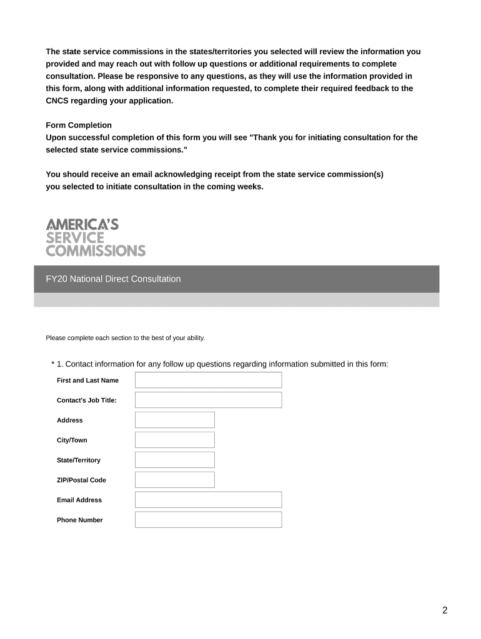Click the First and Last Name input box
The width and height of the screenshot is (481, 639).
pyautogui.click(x=208, y=380)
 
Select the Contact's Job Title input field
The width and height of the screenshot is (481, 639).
pyautogui.click(x=208, y=400)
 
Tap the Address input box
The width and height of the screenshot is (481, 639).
pyautogui.click(x=174, y=420)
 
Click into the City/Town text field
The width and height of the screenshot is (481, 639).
pyautogui.click(x=174, y=440)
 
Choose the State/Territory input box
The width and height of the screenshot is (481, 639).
pyautogui.click(x=174, y=460)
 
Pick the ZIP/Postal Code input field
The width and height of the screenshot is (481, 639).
pyautogui.click(x=174, y=480)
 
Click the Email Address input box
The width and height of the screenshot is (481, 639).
pyautogui.click(x=208, y=500)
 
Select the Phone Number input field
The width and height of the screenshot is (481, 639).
pyautogui.click(x=208, y=520)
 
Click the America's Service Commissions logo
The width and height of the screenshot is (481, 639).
pyautogui.click(x=96, y=237)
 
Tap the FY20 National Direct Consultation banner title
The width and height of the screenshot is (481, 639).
pyautogui.click(x=113, y=279)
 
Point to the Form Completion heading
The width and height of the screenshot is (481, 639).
pyautogui.click(x=79, y=125)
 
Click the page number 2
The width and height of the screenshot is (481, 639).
pyautogui.click(x=445, y=610)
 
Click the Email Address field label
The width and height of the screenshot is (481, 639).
pyautogui.click(x=79, y=500)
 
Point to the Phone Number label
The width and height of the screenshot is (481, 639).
pyautogui.click(x=80, y=520)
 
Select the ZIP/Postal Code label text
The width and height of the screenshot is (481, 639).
pyautogui.click(x=81, y=480)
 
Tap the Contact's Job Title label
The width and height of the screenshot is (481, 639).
pyautogui.click(x=87, y=400)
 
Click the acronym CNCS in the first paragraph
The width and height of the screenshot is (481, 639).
pyautogui.click(x=58, y=100)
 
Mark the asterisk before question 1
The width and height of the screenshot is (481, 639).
pyautogui.click(x=53, y=364)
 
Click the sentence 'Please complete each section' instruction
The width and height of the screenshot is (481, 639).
pyautogui.click(x=125, y=338)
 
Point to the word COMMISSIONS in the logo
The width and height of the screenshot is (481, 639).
pyautogui.click(x=96, y=251)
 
